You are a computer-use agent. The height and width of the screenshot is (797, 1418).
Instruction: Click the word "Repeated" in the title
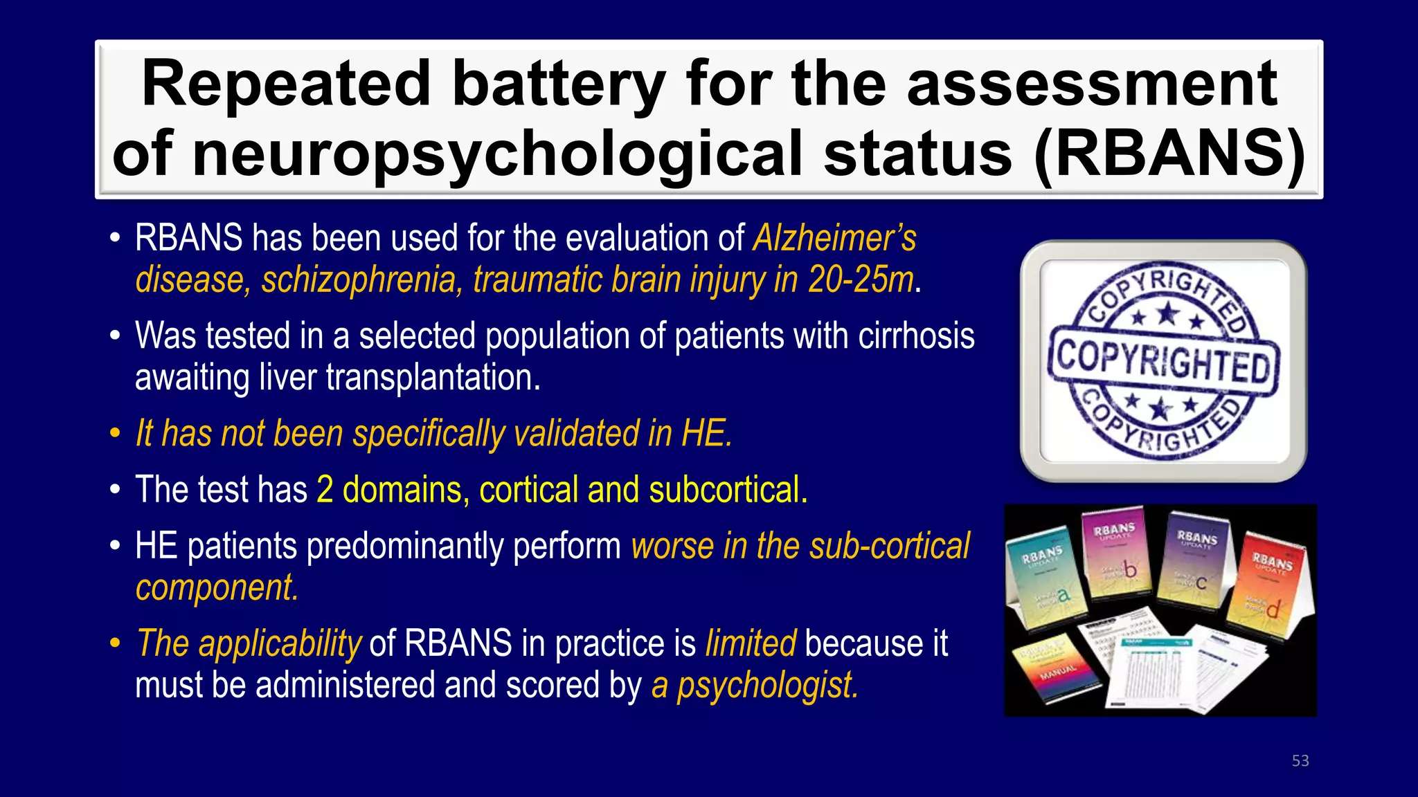[x=287, y=84]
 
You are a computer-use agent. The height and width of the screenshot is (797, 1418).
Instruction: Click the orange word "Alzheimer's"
[x=835, y=238]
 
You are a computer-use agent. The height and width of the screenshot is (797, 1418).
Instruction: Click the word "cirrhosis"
[x=916, y=336]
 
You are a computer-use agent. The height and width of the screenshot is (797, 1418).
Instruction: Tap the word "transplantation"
[x=433, y=378]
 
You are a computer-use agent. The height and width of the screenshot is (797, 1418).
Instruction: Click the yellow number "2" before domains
[x=325, y=490]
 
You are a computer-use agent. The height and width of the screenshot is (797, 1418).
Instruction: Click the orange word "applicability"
[x=280, y=643]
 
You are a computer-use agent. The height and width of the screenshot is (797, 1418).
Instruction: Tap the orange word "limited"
[x=751, y=643]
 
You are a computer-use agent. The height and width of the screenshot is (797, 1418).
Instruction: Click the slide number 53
[x=1300, y=761]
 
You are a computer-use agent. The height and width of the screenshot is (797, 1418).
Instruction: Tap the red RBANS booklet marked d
[x=1268, y=581]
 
